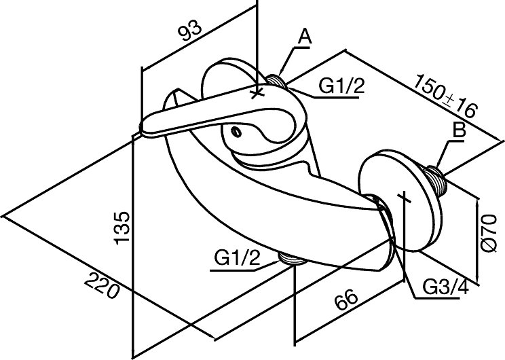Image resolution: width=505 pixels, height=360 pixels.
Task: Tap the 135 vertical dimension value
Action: [x=122, y=226]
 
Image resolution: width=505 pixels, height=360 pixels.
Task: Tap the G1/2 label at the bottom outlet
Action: [x=237, y=259]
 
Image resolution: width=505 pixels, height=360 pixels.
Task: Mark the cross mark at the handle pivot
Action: [x=257, y=92]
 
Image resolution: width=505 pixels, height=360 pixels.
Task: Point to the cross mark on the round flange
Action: [x=405, y=198]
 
